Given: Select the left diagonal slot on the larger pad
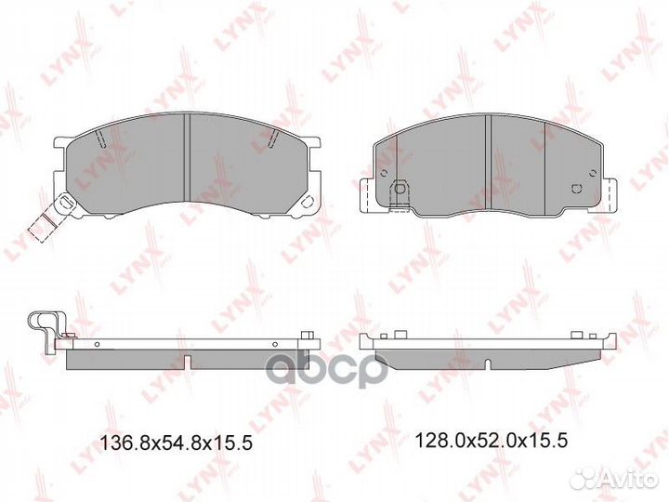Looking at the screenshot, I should click(98, 139).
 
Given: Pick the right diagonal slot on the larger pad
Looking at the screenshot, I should click(274, 139).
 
